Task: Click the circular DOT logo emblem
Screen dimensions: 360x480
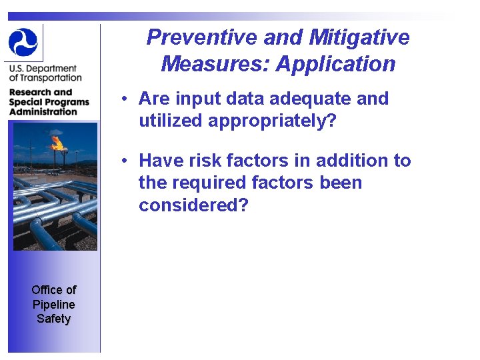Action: coord(23,42)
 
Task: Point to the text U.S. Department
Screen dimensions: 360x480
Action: coord(43,69)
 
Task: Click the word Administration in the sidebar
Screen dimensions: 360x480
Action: coord(43,111)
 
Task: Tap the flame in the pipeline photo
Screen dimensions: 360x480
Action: coord(57,142)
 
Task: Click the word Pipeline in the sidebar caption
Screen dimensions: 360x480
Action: coord(54,304)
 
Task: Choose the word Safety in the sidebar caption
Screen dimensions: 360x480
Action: coord(54,319)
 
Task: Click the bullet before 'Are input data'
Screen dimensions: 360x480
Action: coord(125,99)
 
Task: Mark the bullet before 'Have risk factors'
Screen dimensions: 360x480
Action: coord(125,161)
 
